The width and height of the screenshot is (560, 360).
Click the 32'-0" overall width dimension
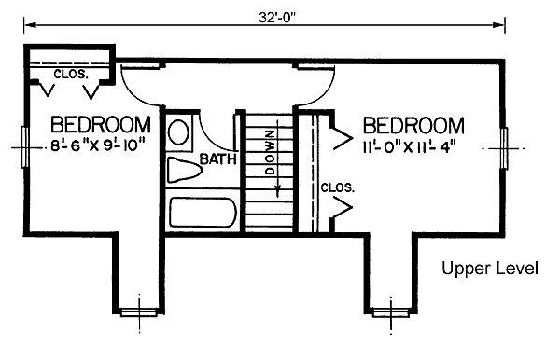pyautogui.click(x=277, y=18)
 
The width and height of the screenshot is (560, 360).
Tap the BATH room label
pyautogui.click(x=217, y=159)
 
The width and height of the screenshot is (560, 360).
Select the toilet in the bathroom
pyautogui.click(x=184, y=170)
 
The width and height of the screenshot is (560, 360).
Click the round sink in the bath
pyautogui.click(x=179, y=132)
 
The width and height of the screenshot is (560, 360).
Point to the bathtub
pyautogui.click(x=203, y=213)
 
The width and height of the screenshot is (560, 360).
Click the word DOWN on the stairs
pyautogui.click(x=270, y=152)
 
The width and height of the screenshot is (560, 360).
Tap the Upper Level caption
pyautogui.click(x=490, y=268)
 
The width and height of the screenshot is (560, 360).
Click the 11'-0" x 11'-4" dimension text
pyautogui.click(x=410, y=147)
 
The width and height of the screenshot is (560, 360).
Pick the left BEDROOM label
pyautogui.click(x=101, y=125)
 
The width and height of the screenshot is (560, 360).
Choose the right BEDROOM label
pyautogui.click(x=413, y=126)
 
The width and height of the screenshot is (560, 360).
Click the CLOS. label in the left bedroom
pyautogui.click(x=70, y=75)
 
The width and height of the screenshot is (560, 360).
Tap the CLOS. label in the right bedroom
pyautogui.click(x=338, y=187)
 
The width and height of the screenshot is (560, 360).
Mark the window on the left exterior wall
pyautogui.click(x=24, y=146)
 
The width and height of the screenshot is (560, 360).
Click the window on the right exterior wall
pyautogui.click(x=504, y=148)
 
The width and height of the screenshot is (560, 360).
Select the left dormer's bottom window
pyautogui.click(x=139, y=313)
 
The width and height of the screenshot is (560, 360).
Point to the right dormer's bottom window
pyautogui.click(x=391, y=313)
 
